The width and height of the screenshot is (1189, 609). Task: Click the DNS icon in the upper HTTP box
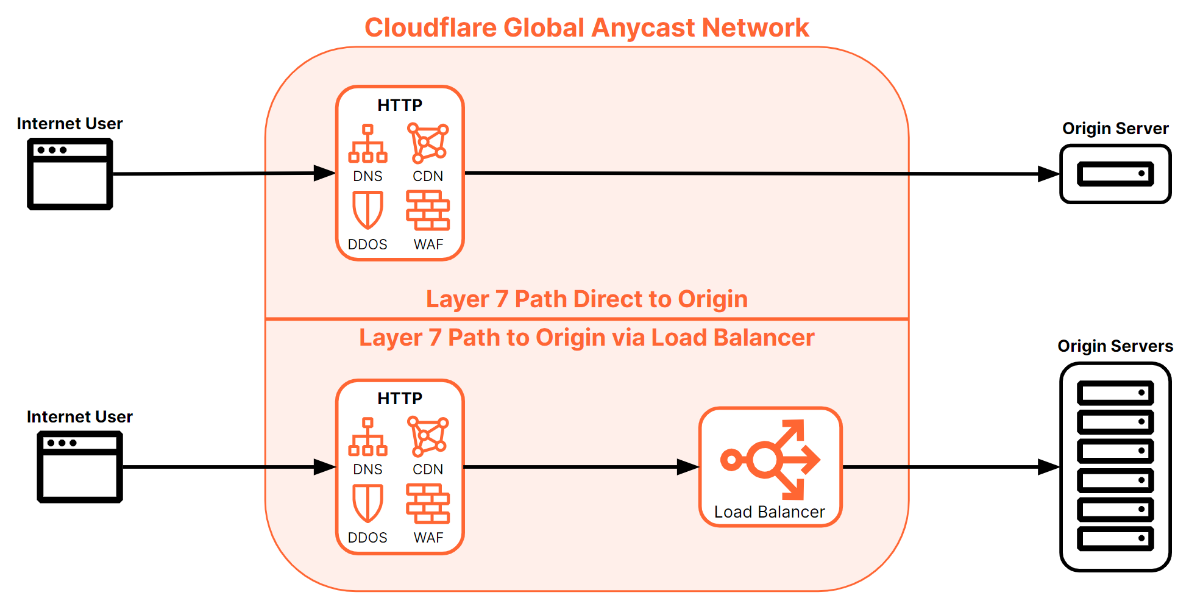pyautogui.click(x=367, y=144)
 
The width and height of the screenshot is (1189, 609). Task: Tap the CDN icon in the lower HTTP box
pyautogui.click(x=428, y=436)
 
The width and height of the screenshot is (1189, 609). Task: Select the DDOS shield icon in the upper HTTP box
pyautogui.click(x=367, y=210)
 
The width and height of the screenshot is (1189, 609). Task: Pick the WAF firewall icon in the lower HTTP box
pyautogui.click(x=428, y=504)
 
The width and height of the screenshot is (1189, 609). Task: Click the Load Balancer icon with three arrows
pyautogui.click(x=770, y=459)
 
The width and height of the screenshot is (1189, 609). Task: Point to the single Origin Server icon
pyautogui.click(x=1115, y=174)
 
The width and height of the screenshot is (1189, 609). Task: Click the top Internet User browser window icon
pyautogui.click(x=70, y=174)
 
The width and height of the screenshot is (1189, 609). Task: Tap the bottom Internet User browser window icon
pyautogui.click(x=80, y=467)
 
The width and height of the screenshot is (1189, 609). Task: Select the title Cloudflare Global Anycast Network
pyautogui.click(x=586, y=27)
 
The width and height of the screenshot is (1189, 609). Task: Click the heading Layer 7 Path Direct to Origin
pyautogui.click(x=586, y=299)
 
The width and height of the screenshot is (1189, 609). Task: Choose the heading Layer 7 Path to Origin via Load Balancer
pyautogui.click(x=586, y=338)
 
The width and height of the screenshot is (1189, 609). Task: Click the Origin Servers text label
pyautogui.click(x=1115, y=346)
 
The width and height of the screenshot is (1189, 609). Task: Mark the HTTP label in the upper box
pyautogui.click(x=400, y=105)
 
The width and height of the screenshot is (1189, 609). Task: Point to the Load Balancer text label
pyautogui.click(x=769, y=512)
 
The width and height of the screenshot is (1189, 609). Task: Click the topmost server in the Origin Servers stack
pyautogui.click(x=1115, y=393)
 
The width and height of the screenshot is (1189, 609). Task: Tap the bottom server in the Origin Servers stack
pyautogui.click(x=1115, y=539)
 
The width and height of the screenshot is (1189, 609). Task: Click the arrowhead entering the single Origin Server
pyautogui.click(x=1048, y=174)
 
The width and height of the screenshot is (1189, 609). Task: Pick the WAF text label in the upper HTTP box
pyautogui.click(x=428, y=244)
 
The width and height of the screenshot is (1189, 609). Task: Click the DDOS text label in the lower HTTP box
pyautogui.click(x=367, y=538)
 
